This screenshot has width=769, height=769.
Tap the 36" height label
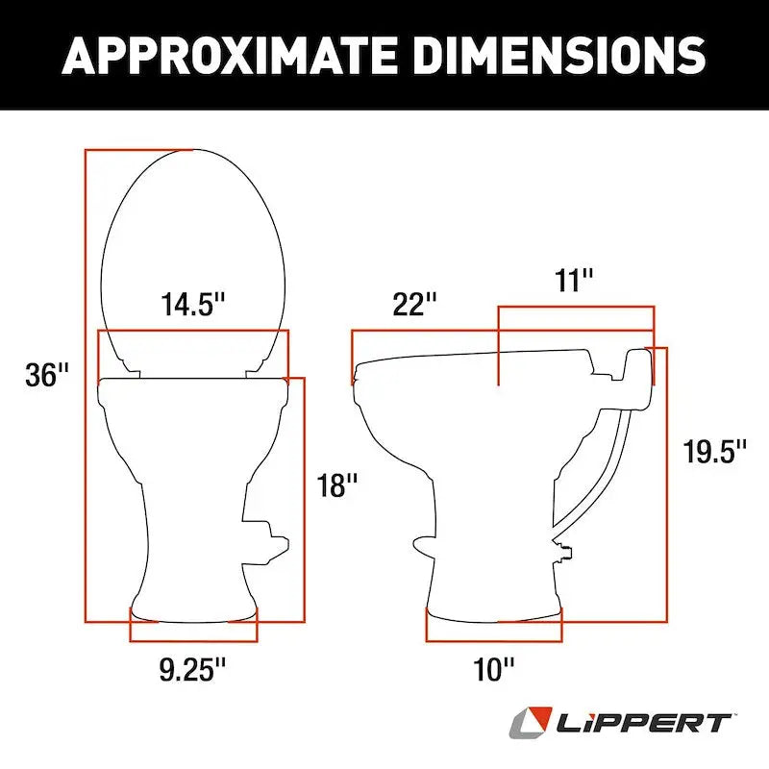pos(47,375)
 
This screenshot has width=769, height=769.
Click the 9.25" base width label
pos(193,667)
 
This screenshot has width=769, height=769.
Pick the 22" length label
pos(414,305)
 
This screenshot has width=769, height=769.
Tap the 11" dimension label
pos(574,282)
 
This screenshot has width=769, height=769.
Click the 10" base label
pos(494,669)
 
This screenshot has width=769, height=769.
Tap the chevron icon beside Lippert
pos(532,722)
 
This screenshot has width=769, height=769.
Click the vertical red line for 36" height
pos(86,384)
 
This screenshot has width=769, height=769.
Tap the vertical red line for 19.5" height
pos(665,481)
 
